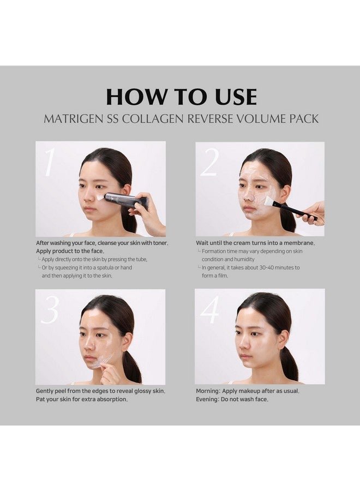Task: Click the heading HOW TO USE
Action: click(x=181, y=97)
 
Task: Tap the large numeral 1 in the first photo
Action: click(x=50, y=163)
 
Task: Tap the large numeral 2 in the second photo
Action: click(x=209, y=163)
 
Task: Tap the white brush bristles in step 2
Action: click(x=268, y=201)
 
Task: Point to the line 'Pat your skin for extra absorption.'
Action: click(x=82, y=399)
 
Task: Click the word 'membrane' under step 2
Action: click(x=297, y=243)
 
